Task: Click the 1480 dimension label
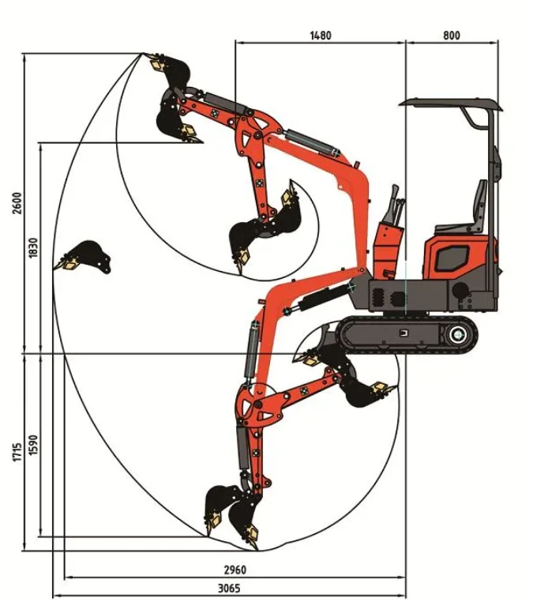coord(321,36)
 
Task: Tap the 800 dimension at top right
coord(452,36)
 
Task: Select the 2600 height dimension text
coord(17,203)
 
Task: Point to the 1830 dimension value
coord(33,247)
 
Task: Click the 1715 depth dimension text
coord(17,452)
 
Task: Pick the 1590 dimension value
coord(33,445)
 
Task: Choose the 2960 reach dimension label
coord(235,570)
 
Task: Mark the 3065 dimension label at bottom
coord(229,588)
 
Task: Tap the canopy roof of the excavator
coord(451,103)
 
